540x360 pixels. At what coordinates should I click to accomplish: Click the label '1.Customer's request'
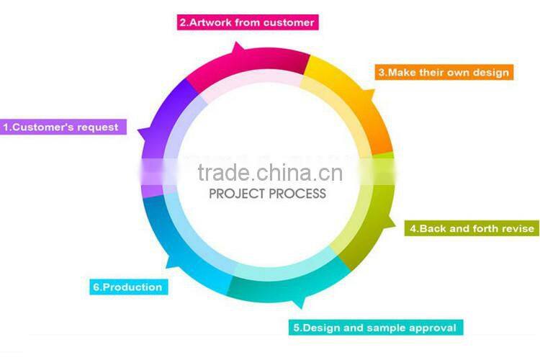(63, 127)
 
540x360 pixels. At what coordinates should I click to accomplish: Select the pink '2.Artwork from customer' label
(247, 22)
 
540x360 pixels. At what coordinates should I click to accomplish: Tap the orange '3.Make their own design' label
(444, 72)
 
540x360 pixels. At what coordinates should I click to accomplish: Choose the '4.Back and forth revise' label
(472, 229)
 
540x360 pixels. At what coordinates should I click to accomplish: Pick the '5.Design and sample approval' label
(374, 328)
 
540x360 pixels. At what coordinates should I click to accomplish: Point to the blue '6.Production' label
(127, 287)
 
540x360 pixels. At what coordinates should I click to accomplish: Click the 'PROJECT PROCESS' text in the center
(267, 193)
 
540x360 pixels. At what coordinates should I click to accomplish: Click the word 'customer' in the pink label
(288, 22)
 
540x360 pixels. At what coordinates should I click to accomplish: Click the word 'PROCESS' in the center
(296, 193)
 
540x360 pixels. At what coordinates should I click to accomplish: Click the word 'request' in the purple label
(97, 127)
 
